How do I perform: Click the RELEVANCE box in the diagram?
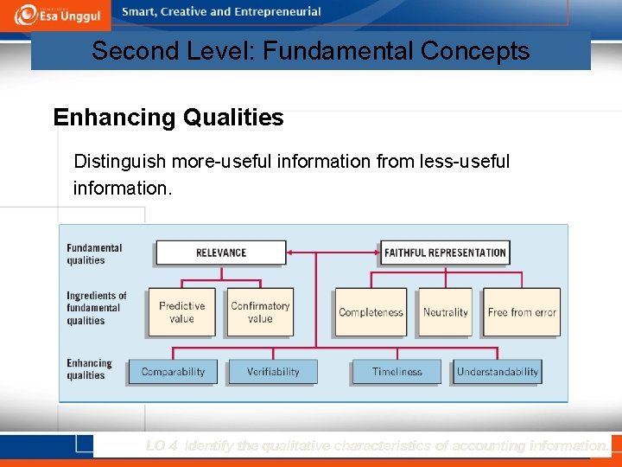coord(220,253)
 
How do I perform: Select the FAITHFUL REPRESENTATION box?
coord(445,253)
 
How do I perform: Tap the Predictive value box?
coord(181,312)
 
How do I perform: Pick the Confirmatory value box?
coord(260,312)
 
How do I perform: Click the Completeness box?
coord(371,312)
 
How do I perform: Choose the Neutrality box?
coord(445,312)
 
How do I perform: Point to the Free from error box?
coord(522,312)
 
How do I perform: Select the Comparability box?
coord(173,372)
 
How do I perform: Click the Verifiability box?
coord(273,372)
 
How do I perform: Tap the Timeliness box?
coord(397,372)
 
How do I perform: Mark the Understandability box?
coord(498,372)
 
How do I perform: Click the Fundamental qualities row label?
coord(94,254)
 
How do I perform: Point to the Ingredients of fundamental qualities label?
coord(96,308)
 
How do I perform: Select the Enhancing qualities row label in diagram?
coord(89,369)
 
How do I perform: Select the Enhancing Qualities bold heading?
coord(168,118)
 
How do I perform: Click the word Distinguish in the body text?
coord(120,162)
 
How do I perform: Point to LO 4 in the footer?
coord(162,446)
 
